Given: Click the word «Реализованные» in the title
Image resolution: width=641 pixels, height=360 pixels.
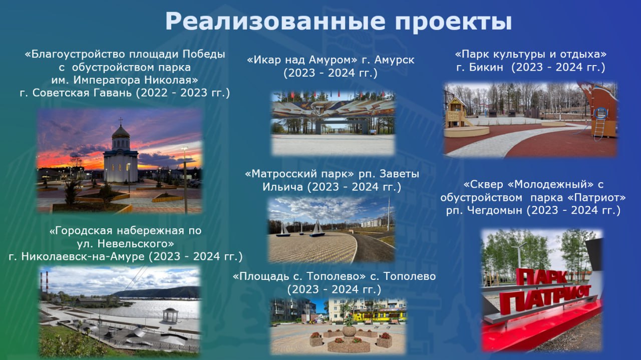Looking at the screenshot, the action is click(x=275, y=22).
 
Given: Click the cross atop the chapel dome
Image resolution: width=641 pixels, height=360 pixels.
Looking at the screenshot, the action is click(x=121, y=121).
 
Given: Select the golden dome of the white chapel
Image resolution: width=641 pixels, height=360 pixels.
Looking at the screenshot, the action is click(x=121, y=132).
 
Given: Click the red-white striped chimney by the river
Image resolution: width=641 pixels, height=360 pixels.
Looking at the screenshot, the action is click(x=42, y=282).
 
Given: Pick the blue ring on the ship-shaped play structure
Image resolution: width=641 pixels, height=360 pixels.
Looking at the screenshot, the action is click(x=601, y=113).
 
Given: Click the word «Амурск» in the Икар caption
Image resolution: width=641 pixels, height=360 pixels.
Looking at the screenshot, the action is click(x=394, y=60).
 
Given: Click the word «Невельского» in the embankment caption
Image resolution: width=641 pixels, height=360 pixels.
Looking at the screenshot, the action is click(x=135, y=243).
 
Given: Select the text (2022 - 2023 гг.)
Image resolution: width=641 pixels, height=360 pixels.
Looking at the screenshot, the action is click(x=183, y=93).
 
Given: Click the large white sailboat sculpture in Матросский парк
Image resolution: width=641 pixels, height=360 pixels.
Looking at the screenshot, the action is click(x=317, y=229).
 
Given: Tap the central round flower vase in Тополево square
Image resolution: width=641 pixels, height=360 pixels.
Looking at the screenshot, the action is click(x=349, y=331).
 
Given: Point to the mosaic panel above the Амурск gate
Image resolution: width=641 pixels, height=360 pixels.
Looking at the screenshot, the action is click(x=334, y=109).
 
